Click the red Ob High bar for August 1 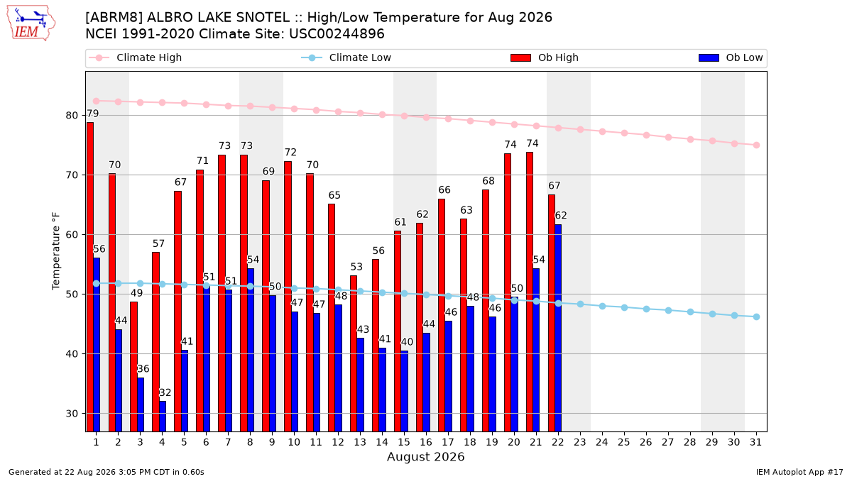90,277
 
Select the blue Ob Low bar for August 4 163,417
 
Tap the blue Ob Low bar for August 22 558,328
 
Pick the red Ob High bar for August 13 354,353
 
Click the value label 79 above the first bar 93,114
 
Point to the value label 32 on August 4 165,392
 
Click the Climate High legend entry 135,57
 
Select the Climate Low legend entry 346,57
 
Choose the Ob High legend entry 545,57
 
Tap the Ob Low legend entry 731,57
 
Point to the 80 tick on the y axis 72,115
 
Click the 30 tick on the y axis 72,413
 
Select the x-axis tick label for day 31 755,442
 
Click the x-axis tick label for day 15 404,442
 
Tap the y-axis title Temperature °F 56,251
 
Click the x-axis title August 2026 425,456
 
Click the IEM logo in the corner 31,23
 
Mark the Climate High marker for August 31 757,145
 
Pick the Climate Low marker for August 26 646,309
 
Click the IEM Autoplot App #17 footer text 799,472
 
